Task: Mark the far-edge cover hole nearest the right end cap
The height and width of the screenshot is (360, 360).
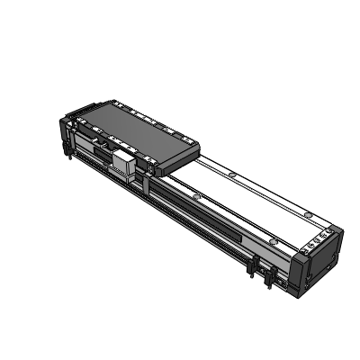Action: point(307,214)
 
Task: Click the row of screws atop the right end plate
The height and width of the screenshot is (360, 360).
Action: point(316,241)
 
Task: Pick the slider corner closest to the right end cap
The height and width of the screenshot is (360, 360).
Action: point(193,153)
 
